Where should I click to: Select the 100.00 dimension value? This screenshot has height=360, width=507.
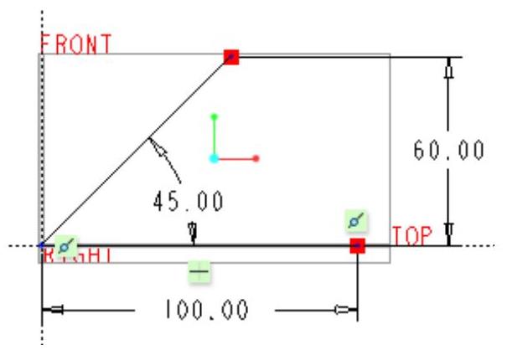pyautogui.click(x=203, y=311)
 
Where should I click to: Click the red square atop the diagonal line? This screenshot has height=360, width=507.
pyautogui.click(x=231, y=57)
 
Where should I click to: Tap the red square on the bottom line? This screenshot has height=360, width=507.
pyautogui.click(x=357, y=245)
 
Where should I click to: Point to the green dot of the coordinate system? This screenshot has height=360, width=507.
pyautogui.click(x=215, y=116)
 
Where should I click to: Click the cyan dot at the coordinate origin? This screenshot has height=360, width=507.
pyautogui.click(x=215, y=157)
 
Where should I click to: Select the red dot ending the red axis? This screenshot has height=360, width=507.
pyautogui.click(x=256, y=157)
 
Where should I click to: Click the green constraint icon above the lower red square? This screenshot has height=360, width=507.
pyautogui.click(x=356, y=222)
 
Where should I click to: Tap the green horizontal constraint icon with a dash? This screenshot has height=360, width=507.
pyautogui.click(x=199, y=271)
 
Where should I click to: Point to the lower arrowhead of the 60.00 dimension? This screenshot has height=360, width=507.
pyautogui.click(x=449, y=232)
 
